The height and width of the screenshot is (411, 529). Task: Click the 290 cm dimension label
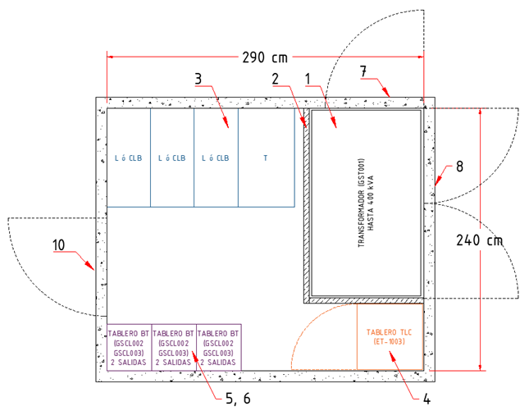tap(264, 58)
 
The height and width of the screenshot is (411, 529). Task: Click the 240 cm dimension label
tap(480, 241)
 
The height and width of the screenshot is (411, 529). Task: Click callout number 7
tap(363, 73)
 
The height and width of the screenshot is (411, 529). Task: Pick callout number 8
tap(459, 167)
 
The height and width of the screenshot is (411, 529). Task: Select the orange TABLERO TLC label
tap(390, 336)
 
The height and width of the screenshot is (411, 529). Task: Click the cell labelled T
tap(265, 158)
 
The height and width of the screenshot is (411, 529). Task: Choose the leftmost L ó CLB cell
tap(129, 158)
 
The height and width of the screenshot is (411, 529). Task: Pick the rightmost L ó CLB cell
tap(216, 158)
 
